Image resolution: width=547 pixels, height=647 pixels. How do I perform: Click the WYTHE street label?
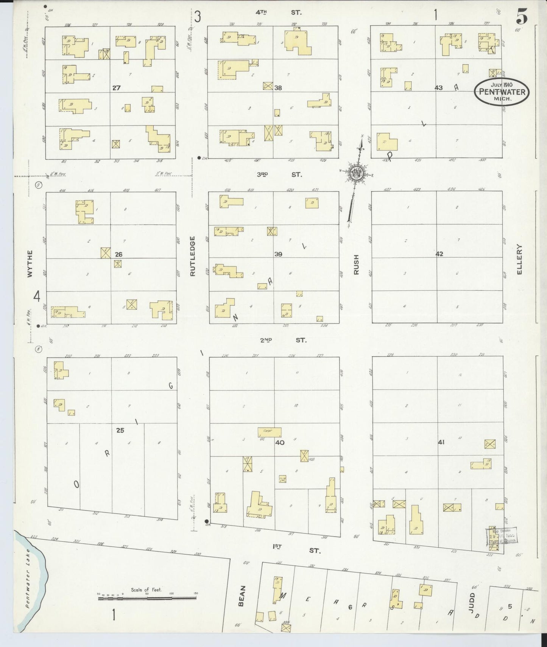30,264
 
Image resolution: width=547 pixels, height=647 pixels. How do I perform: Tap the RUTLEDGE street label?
192,256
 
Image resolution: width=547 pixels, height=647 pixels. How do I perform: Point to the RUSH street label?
356,264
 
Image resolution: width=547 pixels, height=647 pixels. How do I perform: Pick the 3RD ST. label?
279,175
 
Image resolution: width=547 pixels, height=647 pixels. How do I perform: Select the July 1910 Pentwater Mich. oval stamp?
502,91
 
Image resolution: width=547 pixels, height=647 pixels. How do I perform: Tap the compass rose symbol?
357,173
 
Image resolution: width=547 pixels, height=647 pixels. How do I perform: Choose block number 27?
116,88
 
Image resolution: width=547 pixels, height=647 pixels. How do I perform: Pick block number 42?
439,254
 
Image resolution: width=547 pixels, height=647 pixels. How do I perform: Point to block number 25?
120,430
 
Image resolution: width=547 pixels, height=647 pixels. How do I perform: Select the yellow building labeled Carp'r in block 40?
270,432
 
